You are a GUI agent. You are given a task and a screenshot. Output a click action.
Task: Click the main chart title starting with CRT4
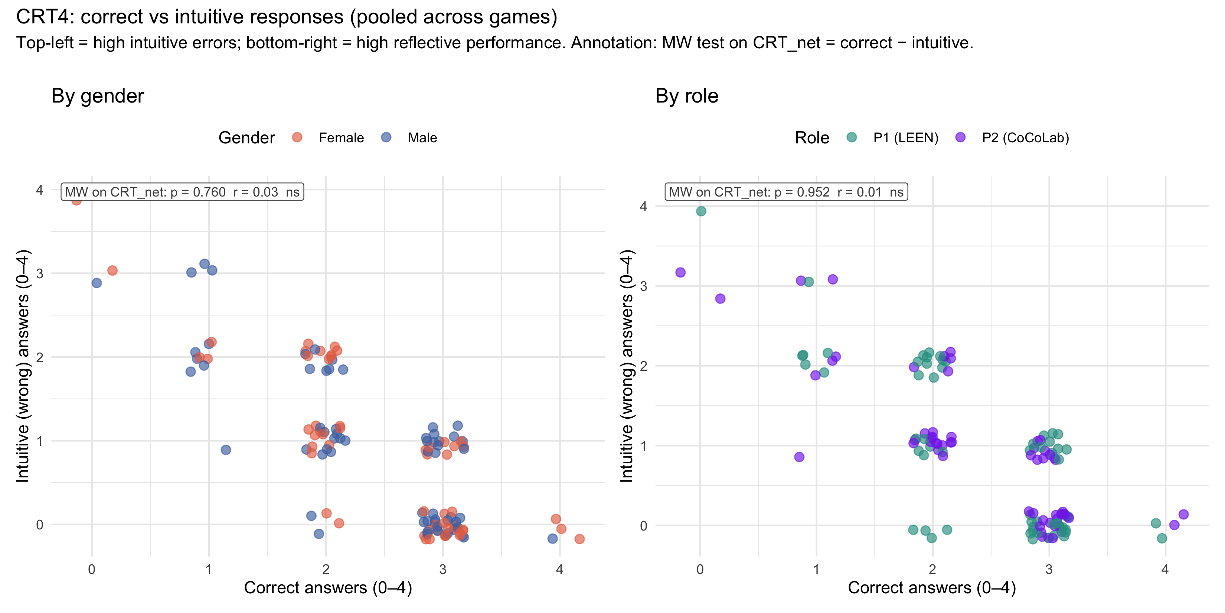(286, 17)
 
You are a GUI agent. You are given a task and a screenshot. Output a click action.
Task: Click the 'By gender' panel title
(98, 96)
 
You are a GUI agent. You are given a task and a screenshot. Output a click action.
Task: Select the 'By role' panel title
(686, 96)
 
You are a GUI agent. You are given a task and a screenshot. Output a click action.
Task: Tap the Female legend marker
(297, 137)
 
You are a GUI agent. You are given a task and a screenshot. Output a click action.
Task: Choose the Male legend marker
(386, 137)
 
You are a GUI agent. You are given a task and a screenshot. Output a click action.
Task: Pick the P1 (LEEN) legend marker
(852, 137)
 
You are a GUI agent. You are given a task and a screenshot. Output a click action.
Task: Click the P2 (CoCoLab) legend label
(1025, 138)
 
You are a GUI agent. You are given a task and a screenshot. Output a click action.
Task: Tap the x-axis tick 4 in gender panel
(560, 569)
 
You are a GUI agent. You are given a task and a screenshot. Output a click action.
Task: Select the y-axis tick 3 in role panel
(643, 286)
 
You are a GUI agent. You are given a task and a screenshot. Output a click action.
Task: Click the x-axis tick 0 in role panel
(700, 569)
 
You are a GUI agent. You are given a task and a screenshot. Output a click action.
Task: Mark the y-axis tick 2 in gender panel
(39, 357)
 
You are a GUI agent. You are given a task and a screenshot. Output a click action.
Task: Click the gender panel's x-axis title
(328, 588)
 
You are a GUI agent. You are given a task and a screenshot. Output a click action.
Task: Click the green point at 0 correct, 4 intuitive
(701, 211)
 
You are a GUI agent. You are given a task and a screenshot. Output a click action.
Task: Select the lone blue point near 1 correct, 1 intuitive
(226, 450)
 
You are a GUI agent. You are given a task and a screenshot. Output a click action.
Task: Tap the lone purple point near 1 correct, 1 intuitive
(799, 457)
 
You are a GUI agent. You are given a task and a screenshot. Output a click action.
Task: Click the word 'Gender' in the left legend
(246, 138)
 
